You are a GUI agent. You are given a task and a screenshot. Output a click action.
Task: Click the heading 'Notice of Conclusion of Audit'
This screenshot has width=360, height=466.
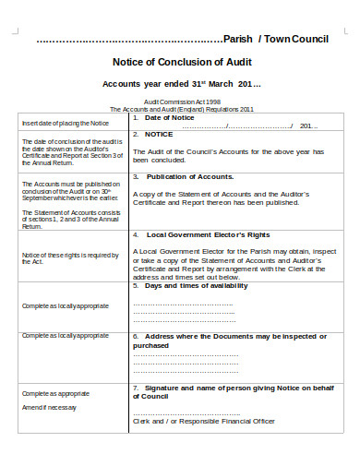tap(180, 62)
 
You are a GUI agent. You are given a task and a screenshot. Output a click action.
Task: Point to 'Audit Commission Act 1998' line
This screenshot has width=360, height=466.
tap(181, 102)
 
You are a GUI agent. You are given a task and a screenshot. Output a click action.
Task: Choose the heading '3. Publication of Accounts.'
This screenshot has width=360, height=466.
tap(183, 176)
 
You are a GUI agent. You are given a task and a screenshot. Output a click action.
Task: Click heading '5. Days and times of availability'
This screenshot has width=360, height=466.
tap(196, 285)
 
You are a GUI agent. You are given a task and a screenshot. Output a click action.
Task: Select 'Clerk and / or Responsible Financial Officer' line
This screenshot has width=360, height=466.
tap(204, 422)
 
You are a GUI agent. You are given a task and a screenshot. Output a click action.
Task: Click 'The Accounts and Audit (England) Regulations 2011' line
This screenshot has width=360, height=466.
tap(181, 109)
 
